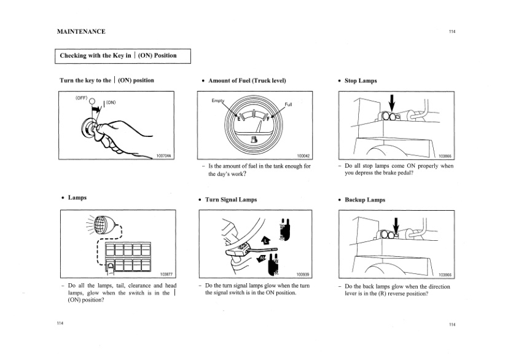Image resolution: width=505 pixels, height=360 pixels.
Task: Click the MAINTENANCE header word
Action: pos(81,31)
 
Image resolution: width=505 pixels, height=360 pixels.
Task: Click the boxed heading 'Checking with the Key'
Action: pos(117,55)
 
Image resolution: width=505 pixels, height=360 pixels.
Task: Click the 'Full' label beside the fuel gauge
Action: pos(289,104)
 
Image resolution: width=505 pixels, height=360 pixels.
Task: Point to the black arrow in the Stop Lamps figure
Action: pos(393,103)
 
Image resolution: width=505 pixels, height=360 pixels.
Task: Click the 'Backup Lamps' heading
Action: pos(365,200)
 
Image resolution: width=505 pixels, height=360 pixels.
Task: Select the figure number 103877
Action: pos(166,275)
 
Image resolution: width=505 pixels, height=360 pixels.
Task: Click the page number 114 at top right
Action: pos(452,32)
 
